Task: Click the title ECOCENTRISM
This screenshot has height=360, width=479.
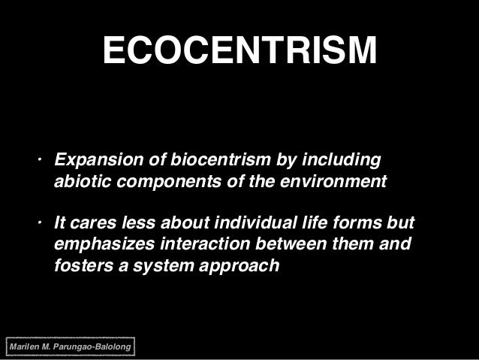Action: pyautogui.click(x=239, y=51)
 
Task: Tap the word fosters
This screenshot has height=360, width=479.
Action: pyautogui.click(x=80, y=266)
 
